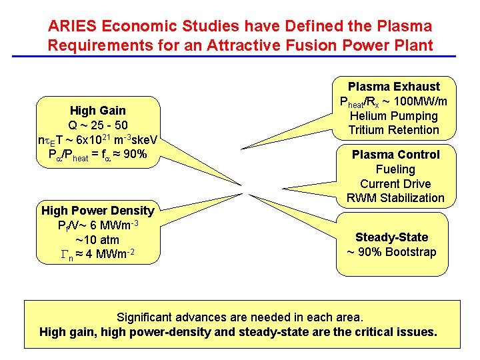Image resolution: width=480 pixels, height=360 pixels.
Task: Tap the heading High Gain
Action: pos(98,111)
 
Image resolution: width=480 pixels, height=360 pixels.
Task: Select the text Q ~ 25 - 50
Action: pos(98,125)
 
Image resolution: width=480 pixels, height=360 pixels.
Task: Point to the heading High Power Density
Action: pos(98,211)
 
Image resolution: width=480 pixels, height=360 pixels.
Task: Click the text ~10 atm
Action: pos(97,239)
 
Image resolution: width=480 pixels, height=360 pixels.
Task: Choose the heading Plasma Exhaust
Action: pos(394,87)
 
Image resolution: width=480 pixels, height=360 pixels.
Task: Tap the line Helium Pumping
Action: pos(394,115)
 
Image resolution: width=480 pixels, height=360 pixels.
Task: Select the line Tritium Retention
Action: pos(394,130)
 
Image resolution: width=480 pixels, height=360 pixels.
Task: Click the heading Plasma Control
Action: pos(396,155)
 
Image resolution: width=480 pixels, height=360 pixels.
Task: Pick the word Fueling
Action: pos(395,169)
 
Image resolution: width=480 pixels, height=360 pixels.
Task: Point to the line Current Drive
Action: pos(395,184)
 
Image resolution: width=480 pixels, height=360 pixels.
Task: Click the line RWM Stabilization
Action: pos(395,198)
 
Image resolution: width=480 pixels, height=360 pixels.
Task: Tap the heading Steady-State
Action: pos(391,237)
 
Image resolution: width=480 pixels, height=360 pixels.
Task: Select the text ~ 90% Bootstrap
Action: pos(391,252)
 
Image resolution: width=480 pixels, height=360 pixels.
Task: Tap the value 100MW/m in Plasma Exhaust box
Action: pos(419,101)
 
